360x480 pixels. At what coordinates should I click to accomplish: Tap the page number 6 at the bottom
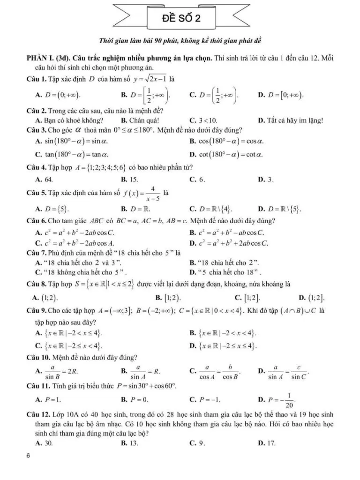[x=29, y=456]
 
